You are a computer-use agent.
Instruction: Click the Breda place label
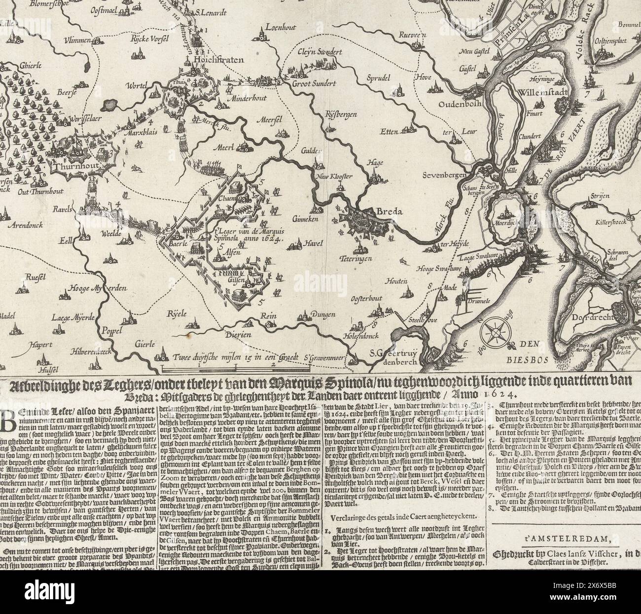point(390,212)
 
